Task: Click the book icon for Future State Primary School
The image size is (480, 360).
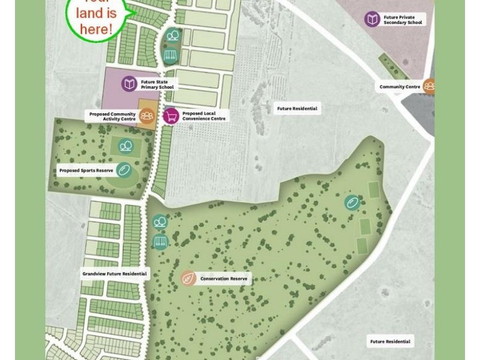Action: [130, 84]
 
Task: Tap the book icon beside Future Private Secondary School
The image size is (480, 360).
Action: [373, 19]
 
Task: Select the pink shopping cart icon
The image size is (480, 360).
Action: [171, 116]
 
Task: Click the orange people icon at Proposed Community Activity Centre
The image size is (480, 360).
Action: [147, 116]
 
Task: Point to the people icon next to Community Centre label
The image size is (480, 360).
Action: [430, 86]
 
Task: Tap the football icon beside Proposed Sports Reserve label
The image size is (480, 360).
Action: [124, 170]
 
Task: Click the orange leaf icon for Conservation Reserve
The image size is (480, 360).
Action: [188, 278]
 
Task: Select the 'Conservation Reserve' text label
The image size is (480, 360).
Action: [223, 279]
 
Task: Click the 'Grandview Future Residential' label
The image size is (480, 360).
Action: [115, 274]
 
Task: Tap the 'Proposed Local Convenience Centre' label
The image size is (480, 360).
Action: [204, 116]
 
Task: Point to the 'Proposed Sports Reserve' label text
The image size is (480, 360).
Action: [86, 170]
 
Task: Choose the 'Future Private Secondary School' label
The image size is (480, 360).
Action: [404, 20]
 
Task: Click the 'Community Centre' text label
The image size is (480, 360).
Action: [400, 87]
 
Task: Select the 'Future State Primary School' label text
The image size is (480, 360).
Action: [157, 84]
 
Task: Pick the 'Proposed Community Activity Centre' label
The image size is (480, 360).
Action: [113, 116]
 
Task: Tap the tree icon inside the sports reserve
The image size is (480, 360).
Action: [125, 146]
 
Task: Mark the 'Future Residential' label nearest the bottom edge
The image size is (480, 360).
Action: [390, 341]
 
